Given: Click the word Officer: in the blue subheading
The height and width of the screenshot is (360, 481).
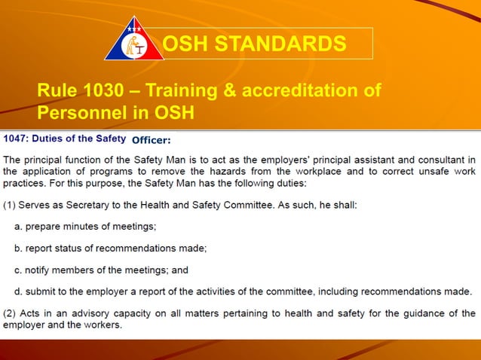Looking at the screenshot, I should pyautogui.click(x=152, y=140).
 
